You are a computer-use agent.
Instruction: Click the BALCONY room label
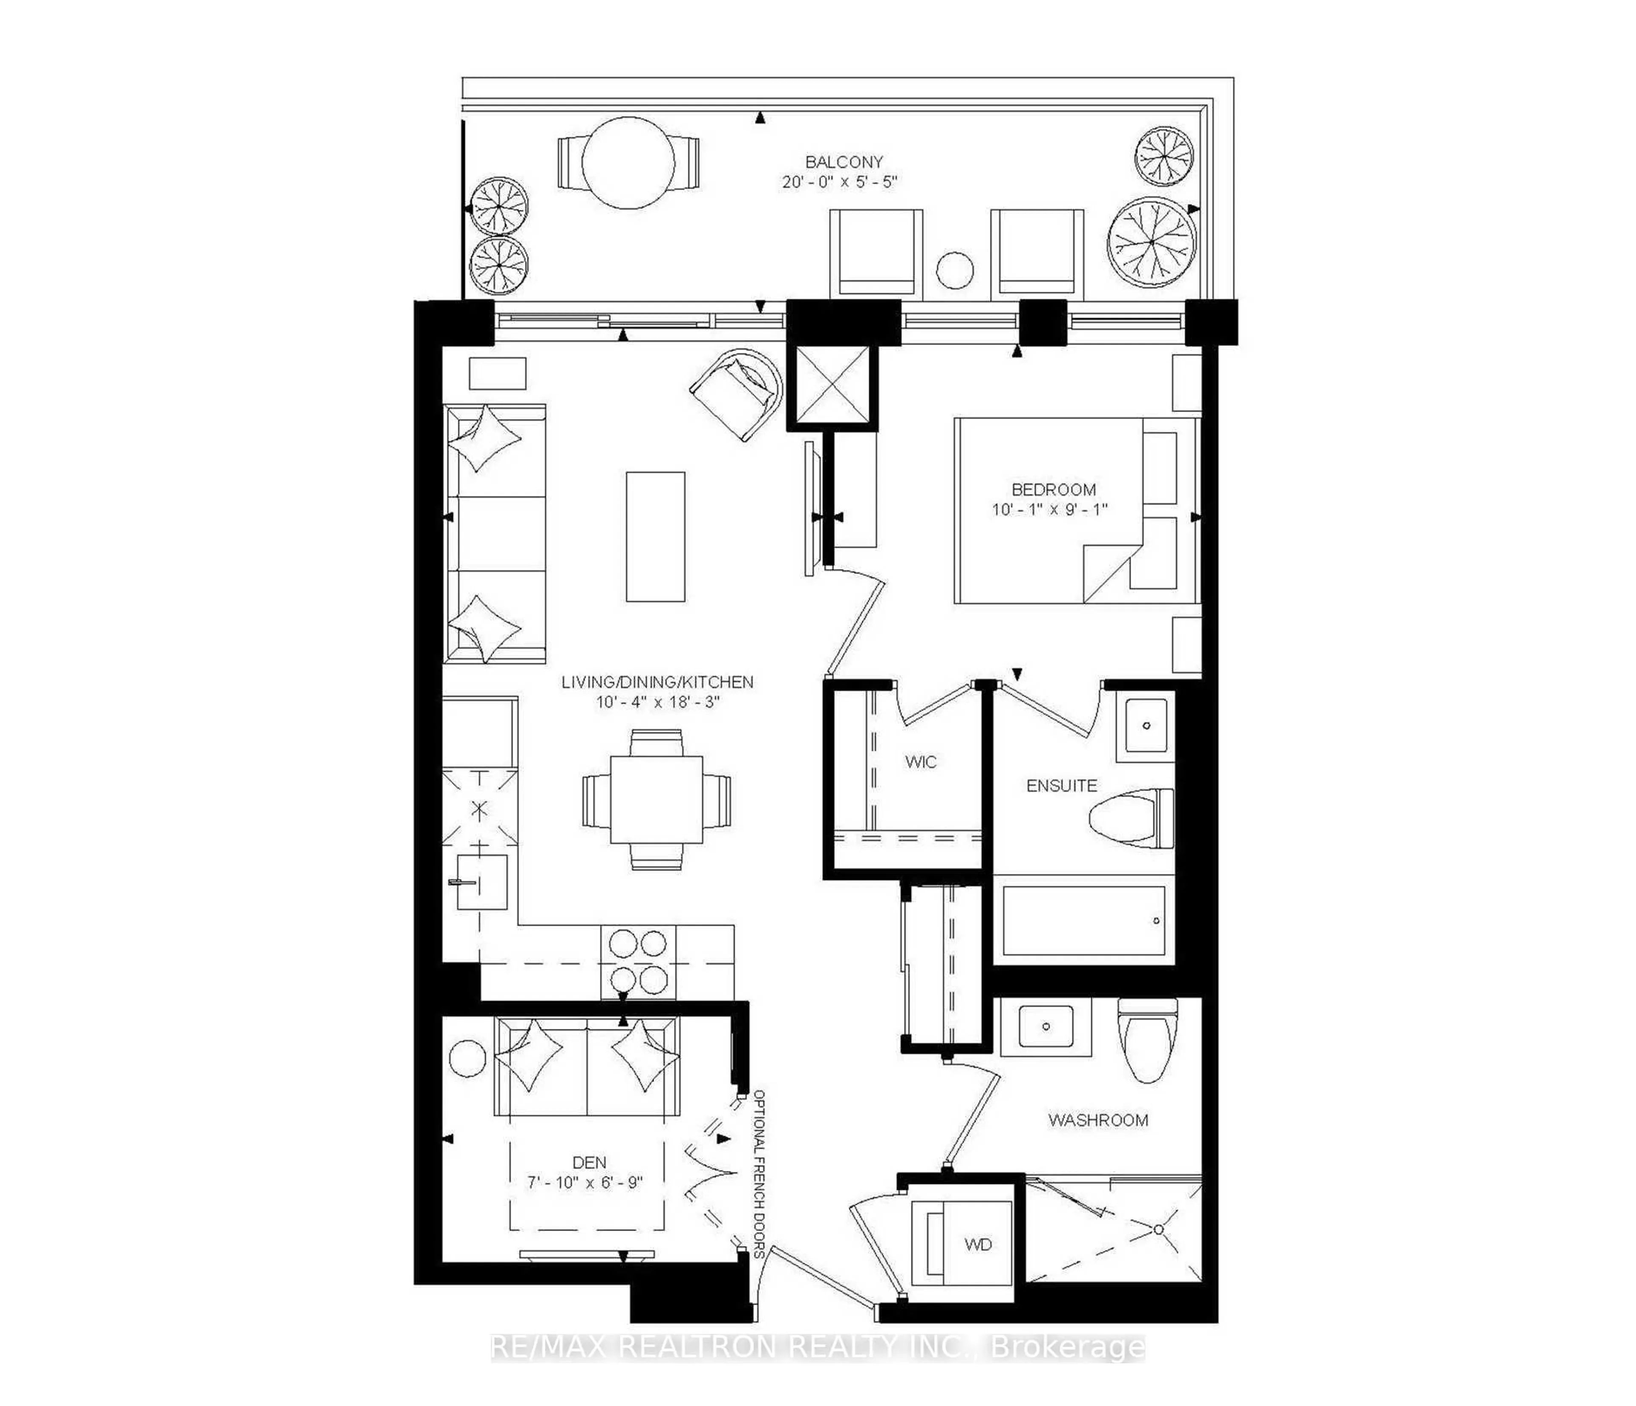pyautogui.click(x=843, y=162)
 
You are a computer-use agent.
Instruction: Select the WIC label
pyautogui.click(x=921, y=762)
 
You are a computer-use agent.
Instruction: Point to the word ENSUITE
pyautogui.click(x=1061, y=786)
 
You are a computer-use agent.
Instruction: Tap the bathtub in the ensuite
pyautogui.click(x=1083, y=920)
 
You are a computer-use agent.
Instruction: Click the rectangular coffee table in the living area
pyautogui.click(x=655, y=537)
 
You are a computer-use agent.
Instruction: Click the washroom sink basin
pyautogui.click(x=1046, y=1026)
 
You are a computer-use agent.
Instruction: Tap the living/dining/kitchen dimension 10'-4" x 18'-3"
pyautogui.click(x=658, y=702)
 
